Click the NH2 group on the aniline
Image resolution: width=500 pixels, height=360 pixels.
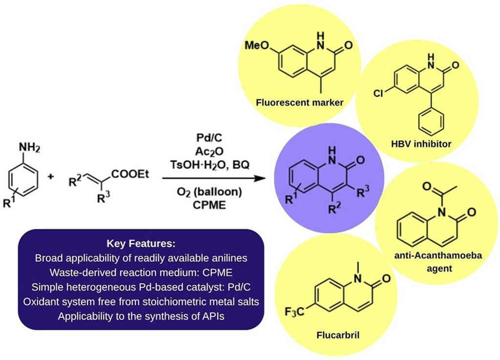pyautogui.click(x=29, y=148)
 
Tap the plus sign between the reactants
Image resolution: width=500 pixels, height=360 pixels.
pyautogui.click(x=51, y=176)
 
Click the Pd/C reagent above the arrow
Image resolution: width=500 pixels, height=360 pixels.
pyautogui.click(x=209, y=138)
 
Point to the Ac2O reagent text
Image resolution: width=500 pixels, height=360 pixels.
pyautogui.click(x=209, y=151)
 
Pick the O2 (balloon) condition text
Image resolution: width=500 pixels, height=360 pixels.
pyautogui.click(x=209, y=192)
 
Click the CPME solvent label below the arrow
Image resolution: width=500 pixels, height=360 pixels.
pyautogui.click(x=209, y=205)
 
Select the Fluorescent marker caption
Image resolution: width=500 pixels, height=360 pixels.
pyautogui.click(x=299, y=103)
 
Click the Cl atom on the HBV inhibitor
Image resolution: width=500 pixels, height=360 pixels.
pyautogui.click(x=378, y=93)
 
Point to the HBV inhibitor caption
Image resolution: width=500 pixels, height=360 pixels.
pyautogui.click(x=421, y=144)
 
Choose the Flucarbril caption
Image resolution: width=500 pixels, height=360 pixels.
pyautogui.click(x=338, y=335)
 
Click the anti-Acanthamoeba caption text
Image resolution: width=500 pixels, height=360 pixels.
pyautogui.click(x=438, y=256)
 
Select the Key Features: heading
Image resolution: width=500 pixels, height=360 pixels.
pyautogui.click(x=141, y=244)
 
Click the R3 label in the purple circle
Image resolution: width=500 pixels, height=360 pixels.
pyautogui.click(x=363, y=192)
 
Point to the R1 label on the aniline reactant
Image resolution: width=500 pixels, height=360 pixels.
pyautogui.click(x=9, y=202)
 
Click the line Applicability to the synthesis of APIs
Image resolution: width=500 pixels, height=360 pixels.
pyautogui.click(x=141, y=317)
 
